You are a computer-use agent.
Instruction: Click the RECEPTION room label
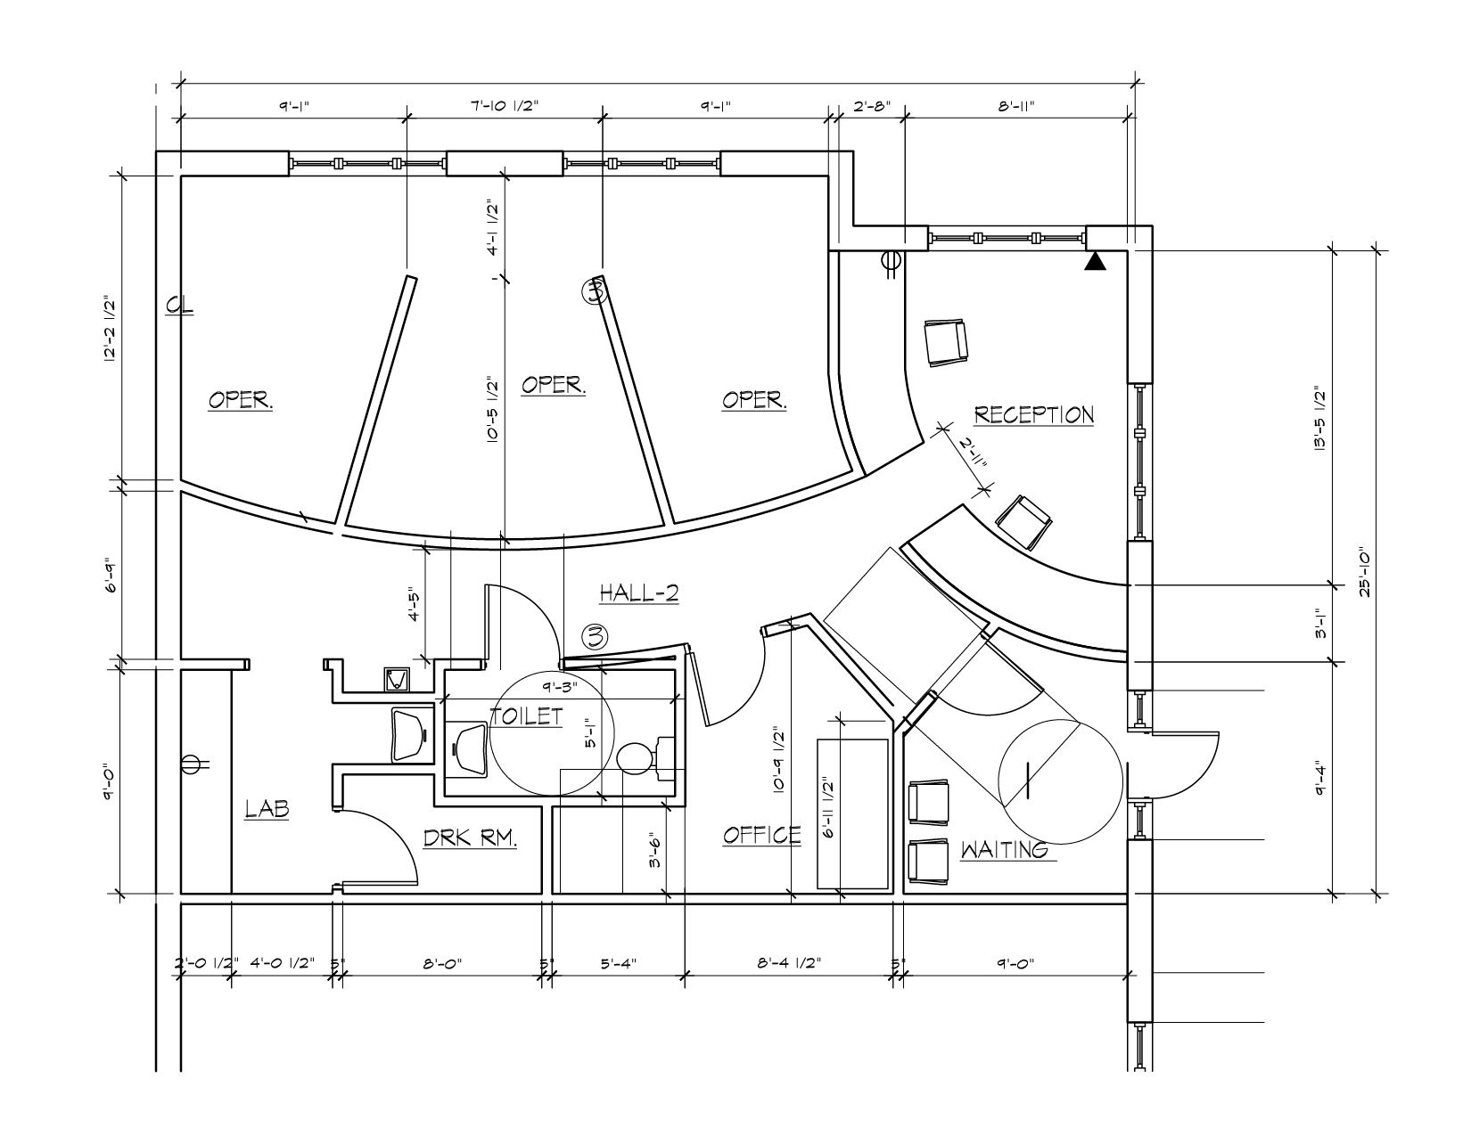tap(1033, 415)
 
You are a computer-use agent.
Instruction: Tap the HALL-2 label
tap(639, 593)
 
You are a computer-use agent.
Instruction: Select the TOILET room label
tap(526, 716)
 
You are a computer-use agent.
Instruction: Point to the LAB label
tap(267, 808)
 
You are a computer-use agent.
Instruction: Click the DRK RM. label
tap(470, 838)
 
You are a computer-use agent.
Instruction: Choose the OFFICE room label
tap(761, 835)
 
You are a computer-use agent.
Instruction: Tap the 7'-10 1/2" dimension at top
tap(505, 105)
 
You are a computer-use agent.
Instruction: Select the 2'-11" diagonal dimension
tap(973, 453)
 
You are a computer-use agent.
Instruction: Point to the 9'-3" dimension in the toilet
tap(560, 687)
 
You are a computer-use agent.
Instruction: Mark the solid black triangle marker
tap(1095, 261)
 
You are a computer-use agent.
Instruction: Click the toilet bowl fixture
tap(634, 758)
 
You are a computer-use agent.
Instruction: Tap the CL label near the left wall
tap(179, 306)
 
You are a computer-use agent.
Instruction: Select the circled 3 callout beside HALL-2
tap(595, 637)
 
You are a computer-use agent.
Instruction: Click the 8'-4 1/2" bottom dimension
tap(789, 963)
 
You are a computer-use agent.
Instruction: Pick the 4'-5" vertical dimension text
tap(414, 606)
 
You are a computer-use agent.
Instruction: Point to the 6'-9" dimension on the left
tap(111, 575)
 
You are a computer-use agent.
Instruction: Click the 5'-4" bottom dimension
tap(618, 963)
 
